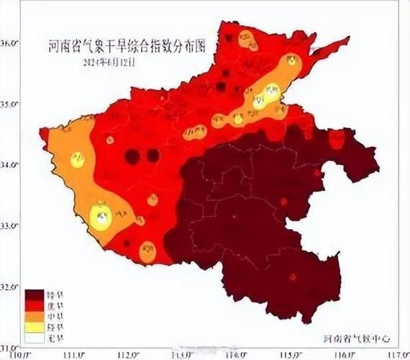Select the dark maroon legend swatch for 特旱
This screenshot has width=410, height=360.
click(35, 294)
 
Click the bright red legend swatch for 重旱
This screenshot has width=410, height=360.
click(35, 305)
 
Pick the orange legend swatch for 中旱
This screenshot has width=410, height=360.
click(35, 315)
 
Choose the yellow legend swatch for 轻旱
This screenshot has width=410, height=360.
click(35, 325)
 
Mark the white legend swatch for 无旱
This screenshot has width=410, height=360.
click(35, 336)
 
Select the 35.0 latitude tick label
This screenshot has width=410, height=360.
click(9, 104)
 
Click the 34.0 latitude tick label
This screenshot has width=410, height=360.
click(9, 165)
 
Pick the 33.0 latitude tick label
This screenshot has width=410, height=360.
click(9, 226)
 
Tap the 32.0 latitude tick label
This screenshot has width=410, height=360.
click(9, 287)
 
